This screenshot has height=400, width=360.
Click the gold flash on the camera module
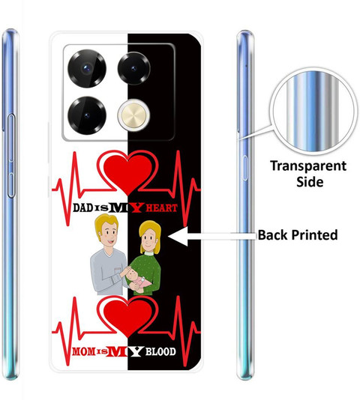tap(134, 116)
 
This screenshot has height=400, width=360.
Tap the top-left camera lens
tap(87, 68)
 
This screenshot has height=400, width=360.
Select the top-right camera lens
tap(134, 68)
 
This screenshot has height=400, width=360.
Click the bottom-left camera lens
tap(87, 115)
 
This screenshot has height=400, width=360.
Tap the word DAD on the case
tap(82, 207)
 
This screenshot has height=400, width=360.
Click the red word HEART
tap(162, 208)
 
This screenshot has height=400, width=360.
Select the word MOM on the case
tap(83, 352)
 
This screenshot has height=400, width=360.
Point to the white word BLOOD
tap(160, 352)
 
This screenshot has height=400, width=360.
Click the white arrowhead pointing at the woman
tap(178, 236)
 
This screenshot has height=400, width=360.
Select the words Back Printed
tap(298, 235)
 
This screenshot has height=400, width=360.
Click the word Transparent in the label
tap(308, 166)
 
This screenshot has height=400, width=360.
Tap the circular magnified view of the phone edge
tap(313, 111)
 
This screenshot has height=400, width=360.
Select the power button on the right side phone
tap(244, 168)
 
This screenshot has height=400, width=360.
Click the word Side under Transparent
tap(310, 182)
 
